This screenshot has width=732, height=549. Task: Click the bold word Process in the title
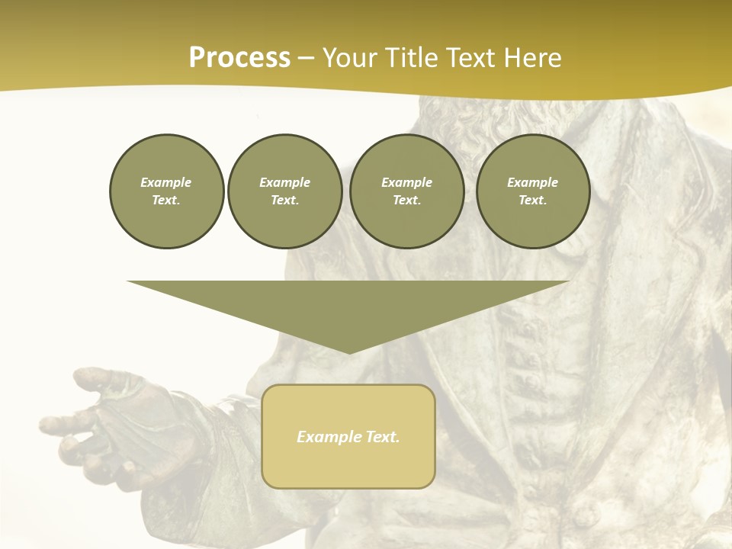coord(239,58)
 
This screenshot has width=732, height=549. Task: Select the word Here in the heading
coord(532,58)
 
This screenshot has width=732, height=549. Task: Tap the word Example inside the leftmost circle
coord(166,182)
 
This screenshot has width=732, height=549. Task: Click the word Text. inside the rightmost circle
coord(533,201)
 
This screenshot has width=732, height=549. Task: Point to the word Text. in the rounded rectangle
coord(382,437)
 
